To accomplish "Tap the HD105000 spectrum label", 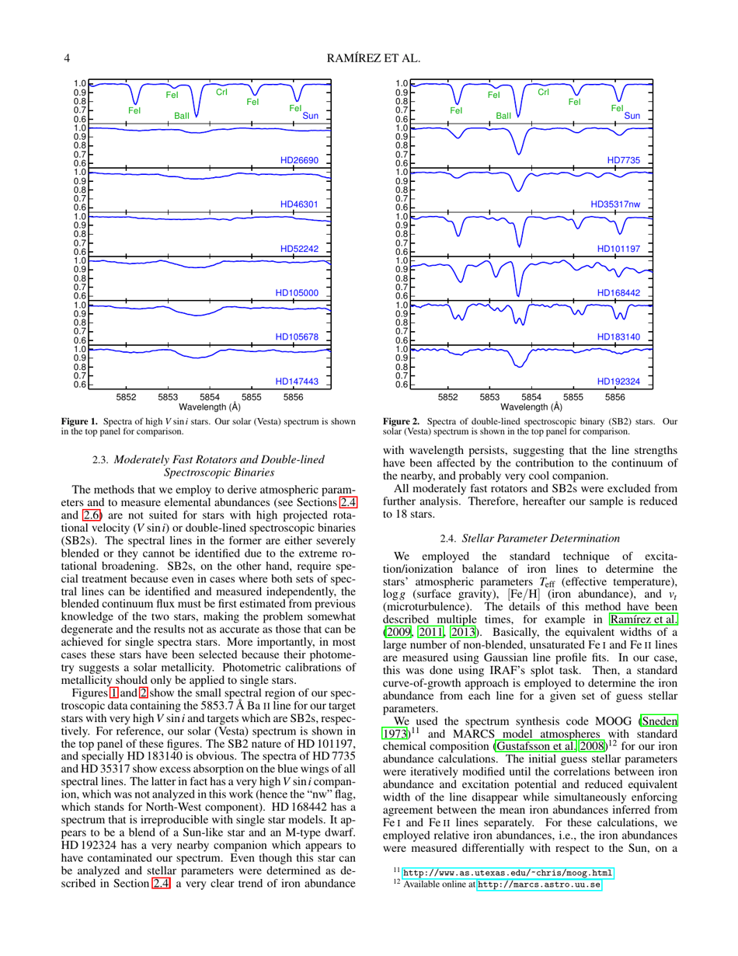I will click(x=298, y=293).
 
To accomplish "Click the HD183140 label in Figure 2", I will click(x=619, y=337).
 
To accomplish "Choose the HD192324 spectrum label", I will click(x=619, y=382).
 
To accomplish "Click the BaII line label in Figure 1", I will click(x=182, y=115).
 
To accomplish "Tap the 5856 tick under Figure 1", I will click(x=293, y=396).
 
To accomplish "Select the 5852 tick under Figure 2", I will click(x=447, y=396).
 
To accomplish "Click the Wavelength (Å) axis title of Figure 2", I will click(x=532, y=406).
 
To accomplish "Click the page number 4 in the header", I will click(x=68, y=57).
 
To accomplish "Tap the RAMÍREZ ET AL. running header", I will click(x=368, y=57).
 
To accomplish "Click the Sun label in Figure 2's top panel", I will click(x=632, y=115).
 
